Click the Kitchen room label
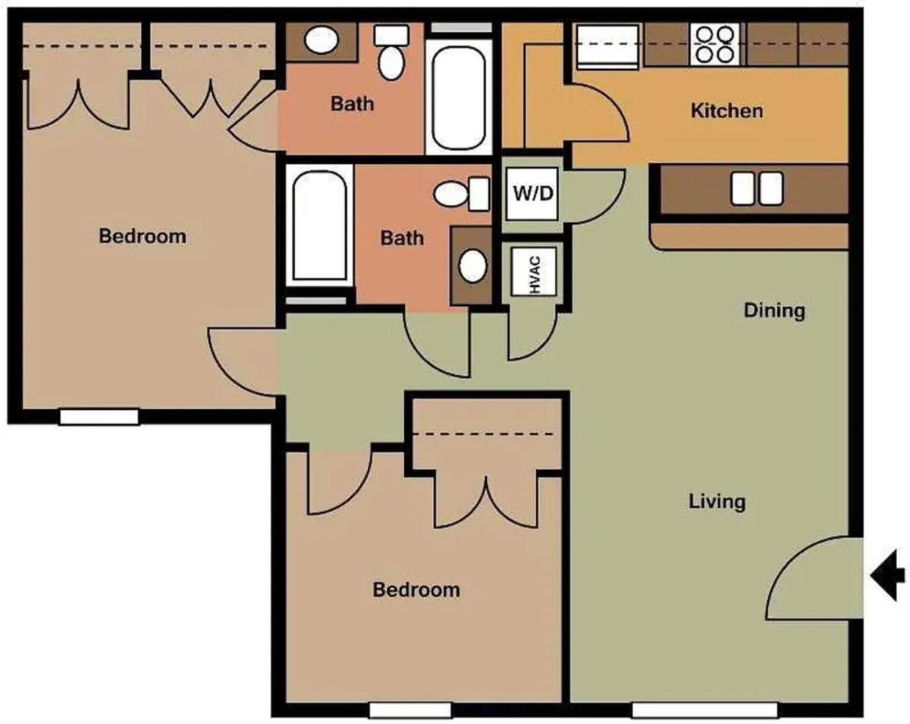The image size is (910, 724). (x=727, y=111)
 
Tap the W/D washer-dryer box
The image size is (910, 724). (x=532, y=194)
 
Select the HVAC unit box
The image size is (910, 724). (x=534, y=272)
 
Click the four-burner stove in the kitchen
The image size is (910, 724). (x=714, y=44)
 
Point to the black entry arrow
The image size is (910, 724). (x=887, y=575)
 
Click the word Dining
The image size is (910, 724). (x=774, y=310)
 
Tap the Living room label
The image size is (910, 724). (x=717, y=502)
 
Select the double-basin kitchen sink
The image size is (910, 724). (x=757, y=189)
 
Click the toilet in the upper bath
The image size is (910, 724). (x=391, y=52)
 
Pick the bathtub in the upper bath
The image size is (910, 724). (x=459, y=98)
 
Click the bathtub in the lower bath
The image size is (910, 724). (x=320, y=225)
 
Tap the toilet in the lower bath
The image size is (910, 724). (x=462, y=194)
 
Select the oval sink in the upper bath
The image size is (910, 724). (x=322, y=40)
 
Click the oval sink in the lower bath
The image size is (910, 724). (x=472, y=266)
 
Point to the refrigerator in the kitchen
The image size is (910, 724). (x=607, y=46)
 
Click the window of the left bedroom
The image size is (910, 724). (x=99, y=417)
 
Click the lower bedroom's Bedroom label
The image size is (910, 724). (x=416, y=590)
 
